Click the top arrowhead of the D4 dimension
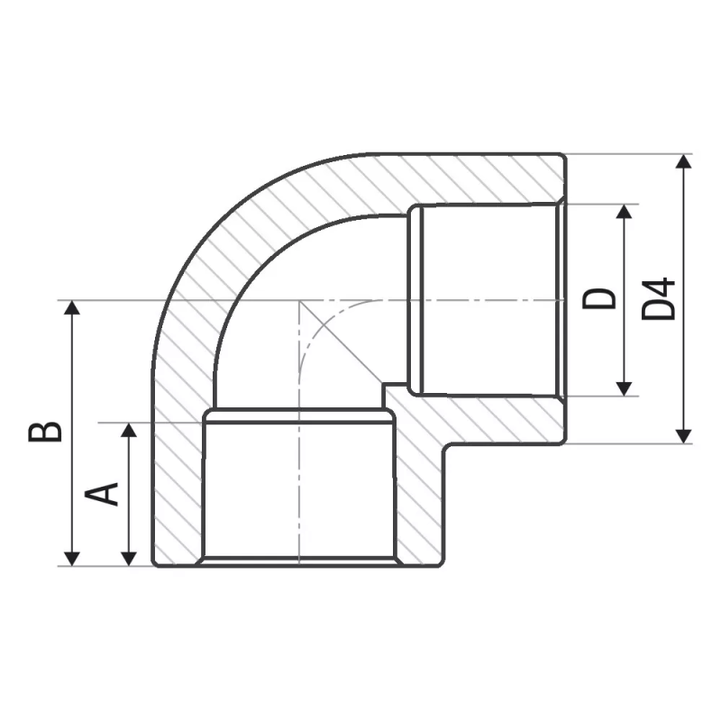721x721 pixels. coord(684,162)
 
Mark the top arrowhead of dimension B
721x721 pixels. coord(72,309)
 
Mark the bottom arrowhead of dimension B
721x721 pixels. coord(72,557)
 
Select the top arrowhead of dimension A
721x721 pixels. coord(130,430)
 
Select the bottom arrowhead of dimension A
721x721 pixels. coord(130,557)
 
